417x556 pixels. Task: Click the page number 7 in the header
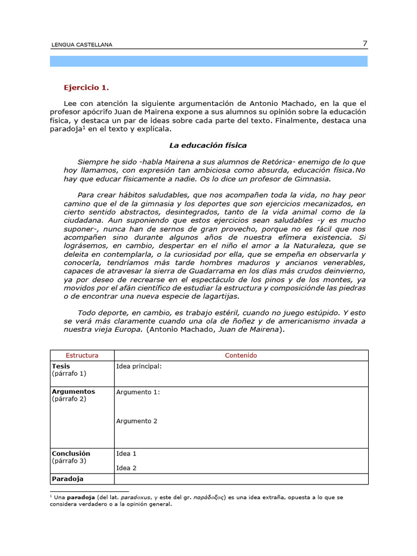click(365, 44)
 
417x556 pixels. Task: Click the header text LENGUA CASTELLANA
click(81, 45)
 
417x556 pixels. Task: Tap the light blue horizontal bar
click(208, 61)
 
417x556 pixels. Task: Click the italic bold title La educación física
click(208, 146)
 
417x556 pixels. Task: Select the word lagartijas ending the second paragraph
click(219, 296)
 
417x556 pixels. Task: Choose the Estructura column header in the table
click(81, 356)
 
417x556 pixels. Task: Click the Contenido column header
click(241, 356)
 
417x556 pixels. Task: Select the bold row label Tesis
click(61, 367)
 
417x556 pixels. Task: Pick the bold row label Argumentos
click(73, 391)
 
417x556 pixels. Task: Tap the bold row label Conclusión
click(71, 453)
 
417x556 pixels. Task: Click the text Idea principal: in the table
click(139, 367)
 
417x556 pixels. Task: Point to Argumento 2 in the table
click(137, 421)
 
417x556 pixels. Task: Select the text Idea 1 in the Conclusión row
click(127, 453)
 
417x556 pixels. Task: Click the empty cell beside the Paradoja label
click(241, 479)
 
